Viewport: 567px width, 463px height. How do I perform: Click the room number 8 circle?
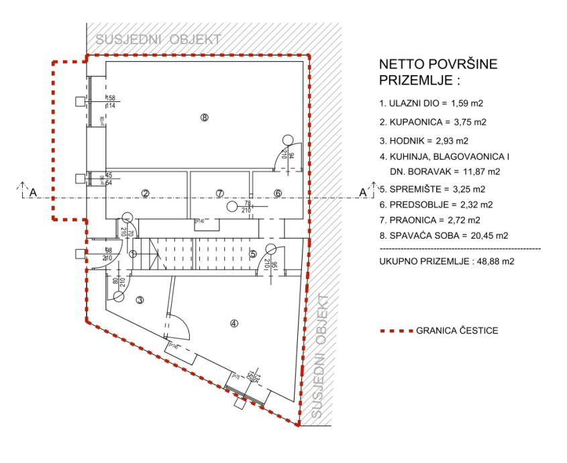(x=205, y=117)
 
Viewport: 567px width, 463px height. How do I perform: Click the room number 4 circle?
(x=234, y=323)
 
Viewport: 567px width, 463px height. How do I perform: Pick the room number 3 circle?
(x=140, y=300)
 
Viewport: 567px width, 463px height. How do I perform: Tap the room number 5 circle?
(x=253, y=254)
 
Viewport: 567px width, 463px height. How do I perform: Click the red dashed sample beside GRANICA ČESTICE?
(x=396, y=331)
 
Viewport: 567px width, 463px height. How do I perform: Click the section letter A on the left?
(x=30, y=193)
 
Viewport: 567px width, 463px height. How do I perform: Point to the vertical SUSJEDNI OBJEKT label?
(x=323, y=358)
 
